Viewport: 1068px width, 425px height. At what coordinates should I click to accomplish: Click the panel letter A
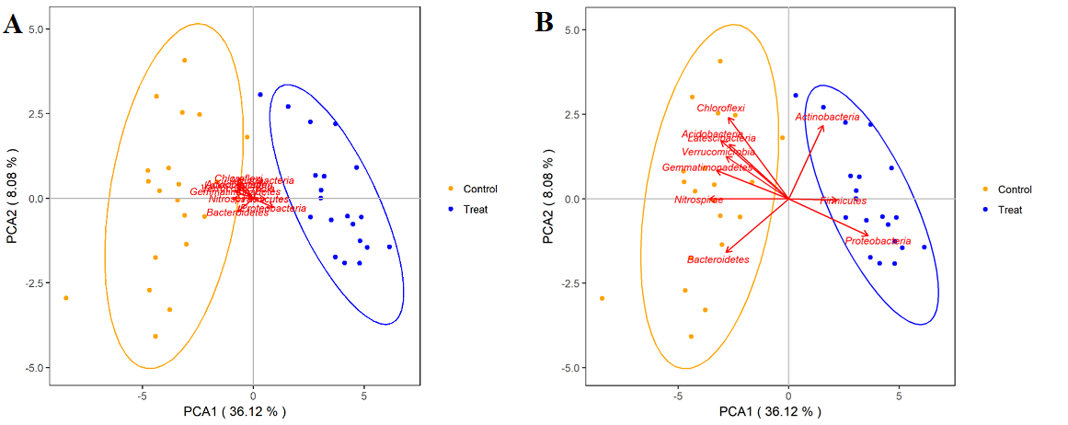[x=13, y=24]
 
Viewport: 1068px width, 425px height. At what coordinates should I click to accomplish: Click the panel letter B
[x=545, y=23]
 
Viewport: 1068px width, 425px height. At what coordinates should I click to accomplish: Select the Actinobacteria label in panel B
[x=827, y=118]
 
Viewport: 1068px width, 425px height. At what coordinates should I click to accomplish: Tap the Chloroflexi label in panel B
[x=720, y=109]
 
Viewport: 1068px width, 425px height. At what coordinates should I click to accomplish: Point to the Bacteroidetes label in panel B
[x=718, y=260]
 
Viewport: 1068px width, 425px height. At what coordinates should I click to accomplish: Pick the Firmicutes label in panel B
[x=843, y=201]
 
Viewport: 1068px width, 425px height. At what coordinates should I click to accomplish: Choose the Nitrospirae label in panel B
[x=698, y=200]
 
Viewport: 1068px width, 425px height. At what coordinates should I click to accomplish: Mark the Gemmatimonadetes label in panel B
[x=706, y=167]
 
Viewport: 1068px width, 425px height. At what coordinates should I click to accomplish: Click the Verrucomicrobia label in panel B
[x=718, y=152]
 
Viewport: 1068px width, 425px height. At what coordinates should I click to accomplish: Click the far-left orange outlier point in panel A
[x=66, y=298]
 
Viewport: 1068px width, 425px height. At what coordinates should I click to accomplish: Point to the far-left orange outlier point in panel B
[x=602, y=298]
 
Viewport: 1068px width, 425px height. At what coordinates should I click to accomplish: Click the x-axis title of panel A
[x=235, y=411]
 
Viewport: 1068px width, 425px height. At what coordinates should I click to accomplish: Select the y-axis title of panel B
[x=549, y=199]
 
